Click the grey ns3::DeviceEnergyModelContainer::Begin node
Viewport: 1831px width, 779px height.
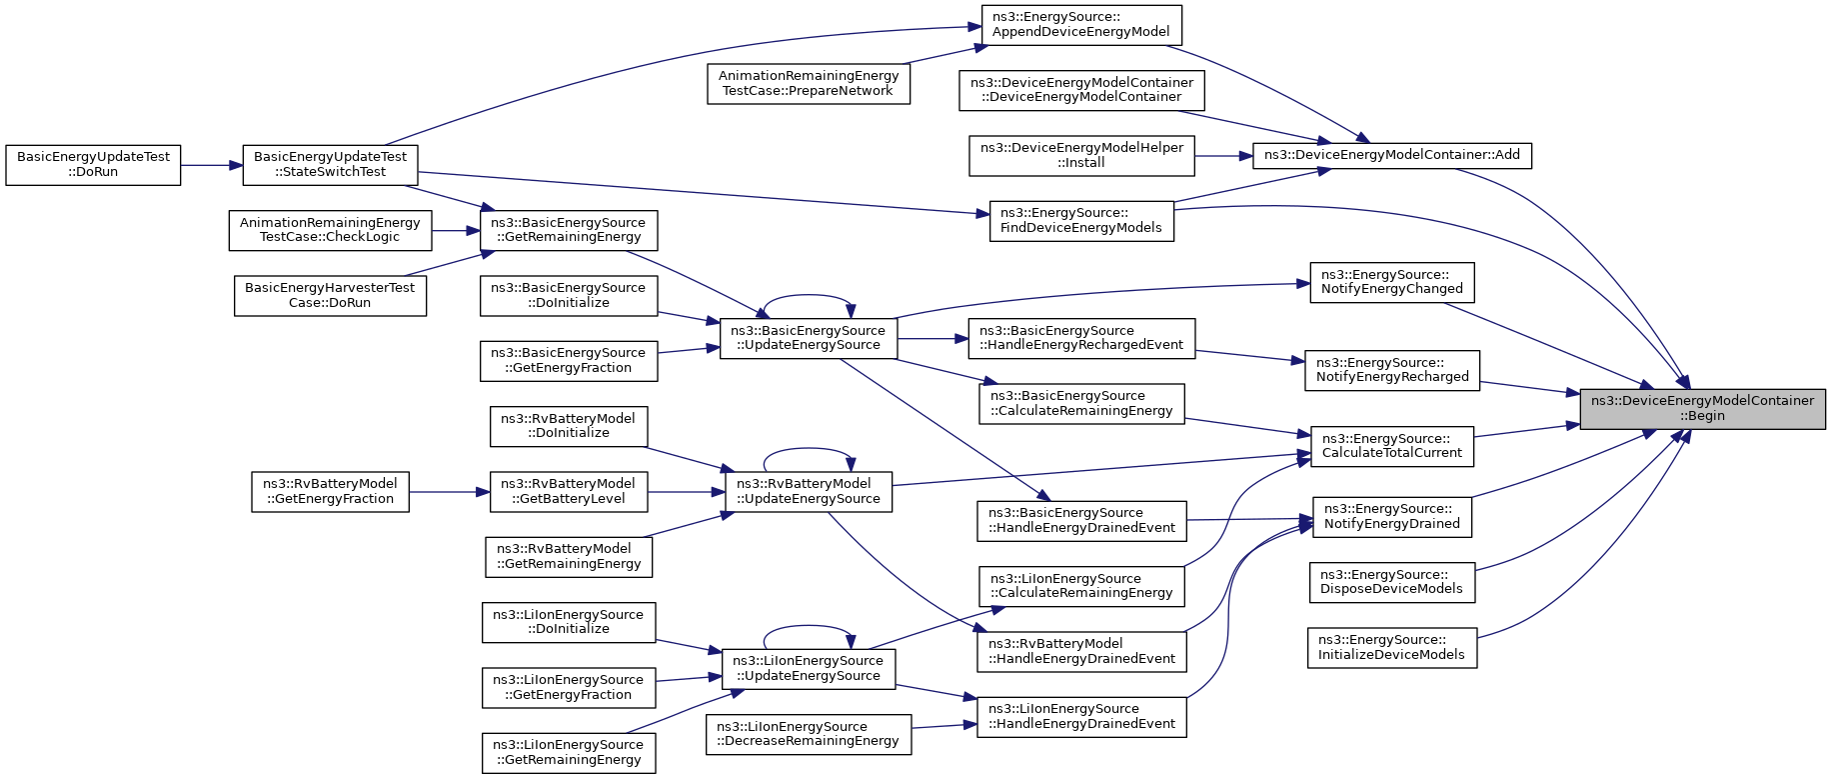1702,409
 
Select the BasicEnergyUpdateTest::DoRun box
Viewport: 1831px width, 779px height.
93,165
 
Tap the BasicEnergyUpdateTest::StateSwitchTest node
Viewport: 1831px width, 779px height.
331,165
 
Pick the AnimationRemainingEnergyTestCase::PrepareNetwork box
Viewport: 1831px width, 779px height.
809,83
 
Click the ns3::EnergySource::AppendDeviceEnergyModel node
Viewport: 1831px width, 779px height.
1081,25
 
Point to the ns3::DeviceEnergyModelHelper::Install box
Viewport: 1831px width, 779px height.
1081,155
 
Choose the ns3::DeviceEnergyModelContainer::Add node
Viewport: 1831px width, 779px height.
1392,155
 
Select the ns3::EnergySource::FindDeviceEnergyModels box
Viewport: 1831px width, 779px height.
1081,221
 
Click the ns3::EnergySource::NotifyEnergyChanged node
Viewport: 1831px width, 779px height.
1392,282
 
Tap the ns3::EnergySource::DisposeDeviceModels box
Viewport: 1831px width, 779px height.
1392,582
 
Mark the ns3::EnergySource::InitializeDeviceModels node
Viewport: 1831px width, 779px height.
1392,647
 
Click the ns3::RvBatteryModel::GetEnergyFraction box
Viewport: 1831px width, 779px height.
330,492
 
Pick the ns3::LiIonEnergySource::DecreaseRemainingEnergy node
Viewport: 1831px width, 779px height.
809,734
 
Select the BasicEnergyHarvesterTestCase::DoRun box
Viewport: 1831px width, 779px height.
330,296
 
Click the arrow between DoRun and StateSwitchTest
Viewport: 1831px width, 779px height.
212,165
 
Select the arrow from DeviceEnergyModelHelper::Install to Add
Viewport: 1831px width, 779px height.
1224,155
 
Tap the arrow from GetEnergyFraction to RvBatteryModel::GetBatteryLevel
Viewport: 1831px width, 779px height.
450,492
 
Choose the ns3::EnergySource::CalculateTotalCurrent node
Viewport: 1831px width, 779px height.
1392,446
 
